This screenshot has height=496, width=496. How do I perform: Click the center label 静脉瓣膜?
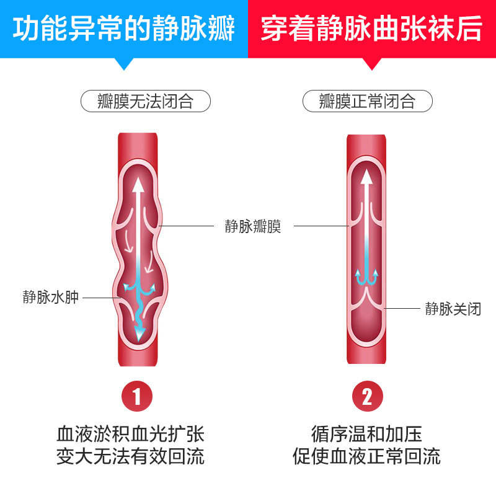click(x=253, y=226)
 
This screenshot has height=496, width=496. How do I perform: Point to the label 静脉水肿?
click(x=51, y=297)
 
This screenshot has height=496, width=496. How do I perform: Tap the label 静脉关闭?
click(x=453, y=308)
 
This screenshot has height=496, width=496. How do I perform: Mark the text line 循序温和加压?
click(x=367, y=432)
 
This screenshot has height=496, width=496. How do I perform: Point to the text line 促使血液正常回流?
click(x=367, y=457)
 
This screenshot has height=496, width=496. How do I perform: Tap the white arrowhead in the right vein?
click(x=367, y=177)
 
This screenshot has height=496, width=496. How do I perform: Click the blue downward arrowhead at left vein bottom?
click(x=140, y=333)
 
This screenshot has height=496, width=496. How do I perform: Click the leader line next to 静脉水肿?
click(x=99, y=298)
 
